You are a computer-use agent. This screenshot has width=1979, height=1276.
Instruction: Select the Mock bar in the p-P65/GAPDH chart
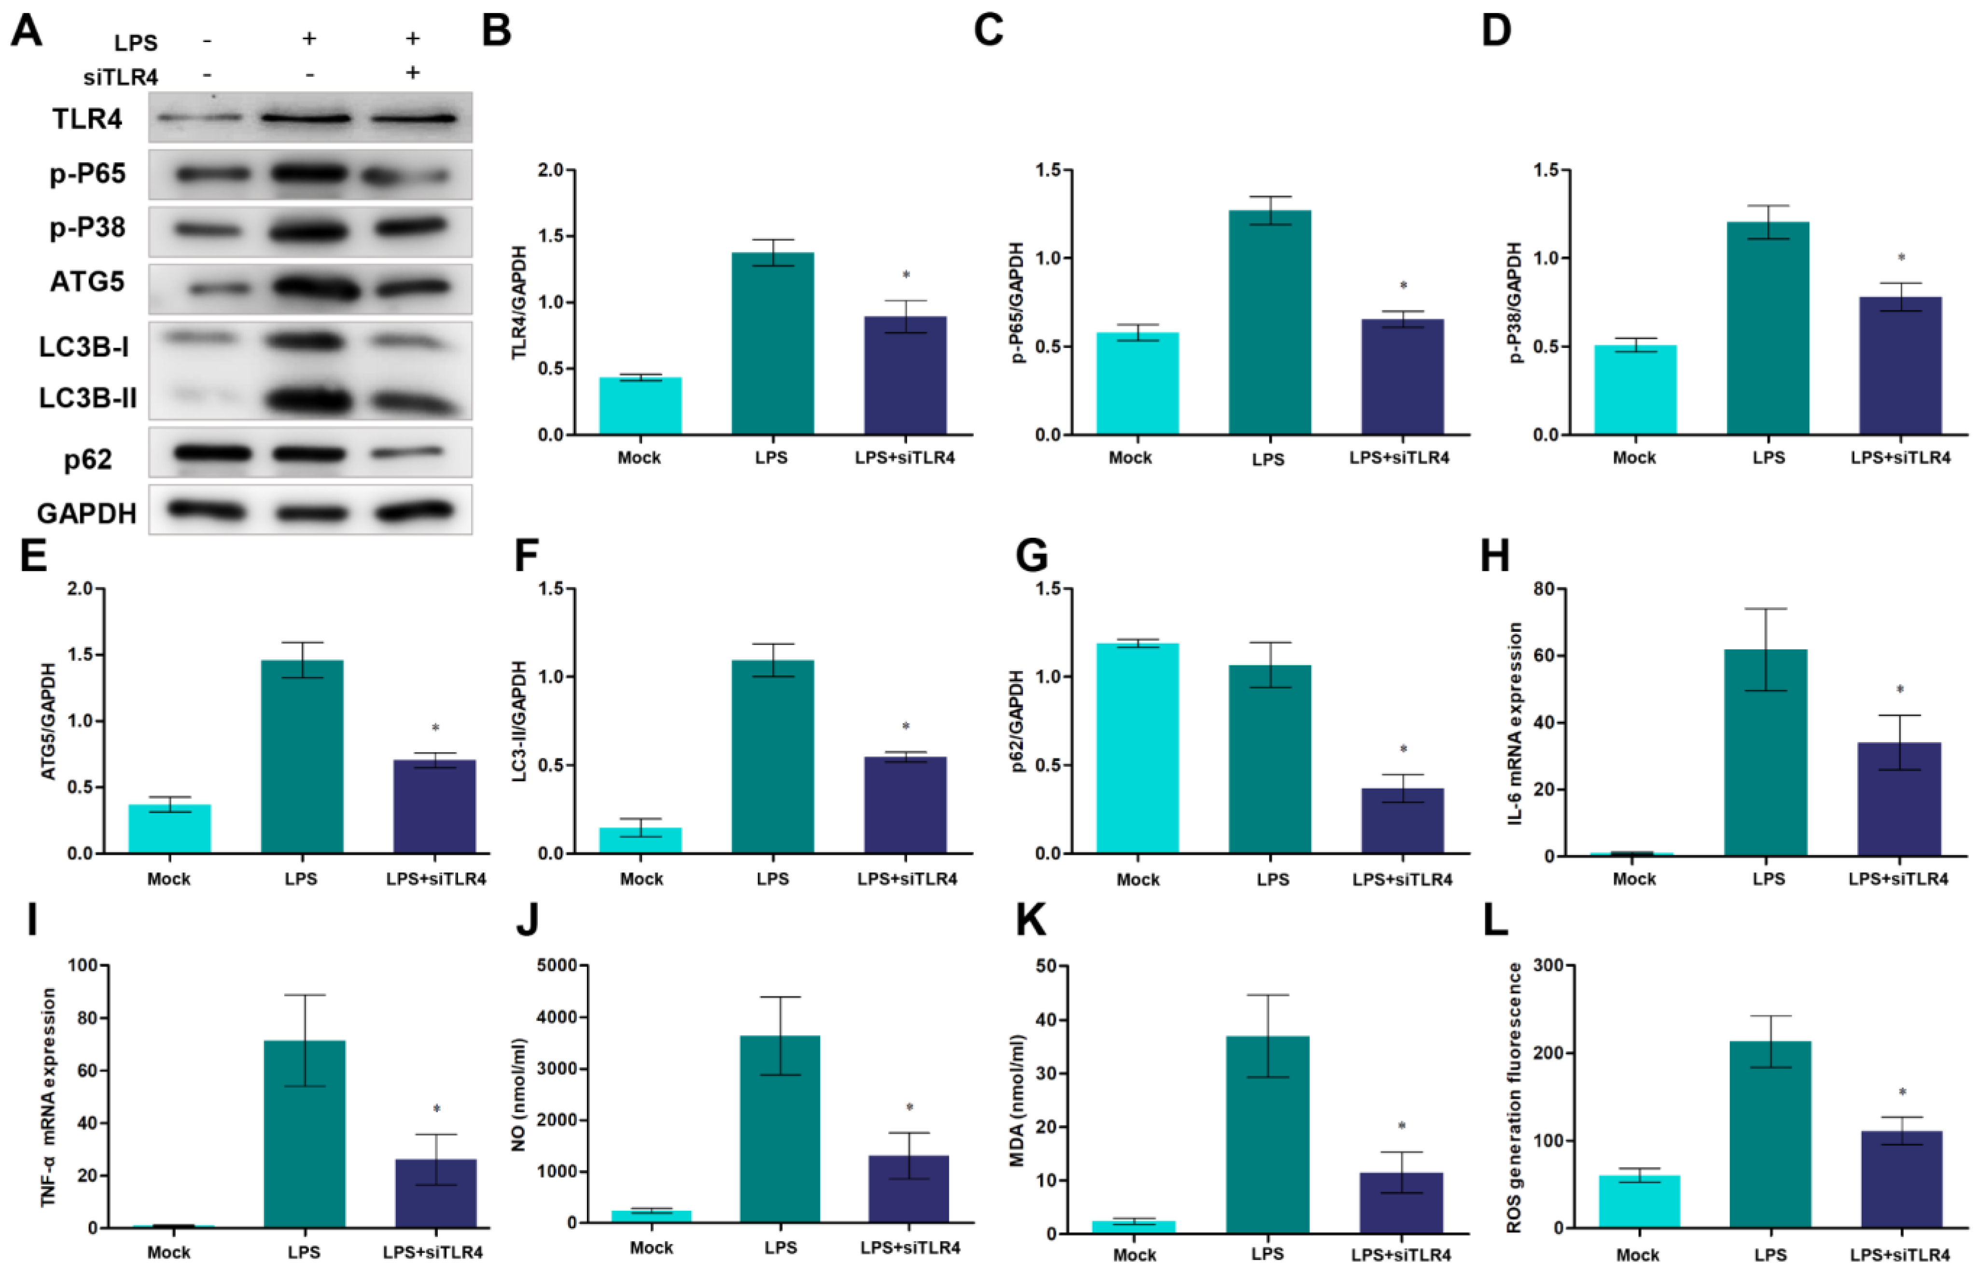click(1137, 383)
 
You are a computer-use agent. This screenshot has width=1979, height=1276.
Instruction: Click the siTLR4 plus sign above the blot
click(412, 73)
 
